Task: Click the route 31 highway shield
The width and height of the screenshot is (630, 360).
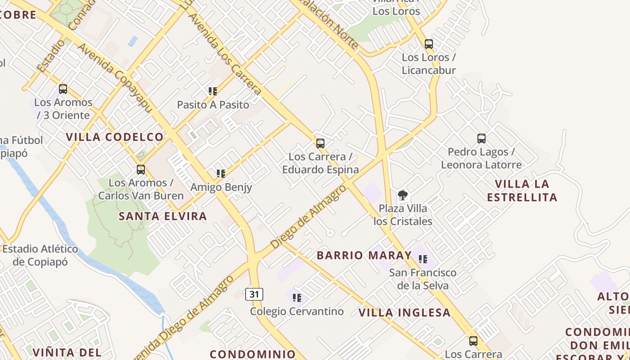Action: coord(254,294)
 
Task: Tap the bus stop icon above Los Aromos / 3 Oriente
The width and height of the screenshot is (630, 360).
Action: coord(63,89)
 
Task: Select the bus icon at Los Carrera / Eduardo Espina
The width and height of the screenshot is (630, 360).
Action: coord(320,144)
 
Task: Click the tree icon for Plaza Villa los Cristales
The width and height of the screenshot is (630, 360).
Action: coord(403,195)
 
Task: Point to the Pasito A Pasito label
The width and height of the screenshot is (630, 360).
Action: coord(213,105)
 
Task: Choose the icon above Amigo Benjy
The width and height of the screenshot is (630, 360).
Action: coord(220,173)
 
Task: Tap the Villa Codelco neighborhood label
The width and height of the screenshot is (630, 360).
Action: coord(115,137)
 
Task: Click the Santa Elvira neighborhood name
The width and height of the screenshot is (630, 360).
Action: coord(162,216)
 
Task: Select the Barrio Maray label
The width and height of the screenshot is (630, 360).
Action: coord(364,255)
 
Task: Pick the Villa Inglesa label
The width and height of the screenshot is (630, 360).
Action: coord(405,312)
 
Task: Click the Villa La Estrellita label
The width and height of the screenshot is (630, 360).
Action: coord(522,190)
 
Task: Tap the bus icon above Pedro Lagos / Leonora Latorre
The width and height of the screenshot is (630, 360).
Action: coord(481,139)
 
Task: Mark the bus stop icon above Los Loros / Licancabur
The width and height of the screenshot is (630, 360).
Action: coord(428,44)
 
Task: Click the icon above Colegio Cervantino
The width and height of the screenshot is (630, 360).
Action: coord(297,297)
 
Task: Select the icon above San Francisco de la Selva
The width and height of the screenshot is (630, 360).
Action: coord(423,259)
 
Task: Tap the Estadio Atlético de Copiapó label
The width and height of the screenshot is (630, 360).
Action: coord(40,255)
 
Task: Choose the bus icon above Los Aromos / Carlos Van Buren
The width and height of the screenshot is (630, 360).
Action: coord(141,170)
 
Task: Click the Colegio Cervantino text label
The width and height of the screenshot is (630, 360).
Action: coord(297,311)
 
